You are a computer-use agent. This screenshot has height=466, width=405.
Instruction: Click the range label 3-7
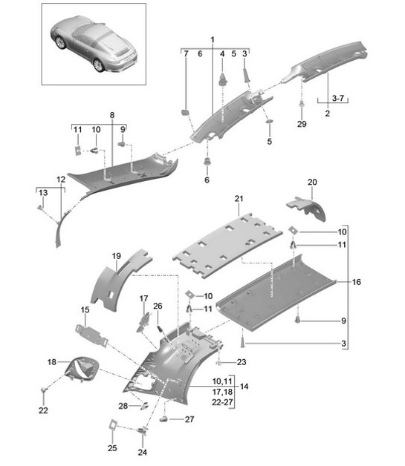coord(326,96)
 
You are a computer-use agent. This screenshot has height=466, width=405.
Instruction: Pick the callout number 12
coord(61,180)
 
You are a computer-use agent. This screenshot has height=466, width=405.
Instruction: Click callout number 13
coord(43,192)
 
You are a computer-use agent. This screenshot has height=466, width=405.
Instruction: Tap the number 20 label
coord(312,182)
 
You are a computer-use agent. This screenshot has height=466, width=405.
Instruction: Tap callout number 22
coord(43,410)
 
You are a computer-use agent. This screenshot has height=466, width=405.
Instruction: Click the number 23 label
coord(242,363)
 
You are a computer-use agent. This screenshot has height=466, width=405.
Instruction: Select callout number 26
coord(157,306)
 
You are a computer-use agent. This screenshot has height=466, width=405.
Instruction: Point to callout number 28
coord(123,405)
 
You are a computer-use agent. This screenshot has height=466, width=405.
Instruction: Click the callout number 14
coord(243,387)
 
